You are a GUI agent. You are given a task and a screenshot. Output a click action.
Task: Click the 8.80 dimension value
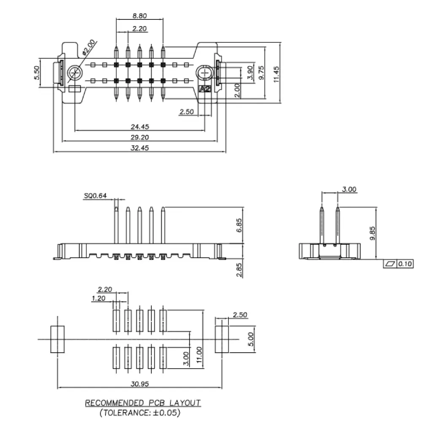tap(140, 16)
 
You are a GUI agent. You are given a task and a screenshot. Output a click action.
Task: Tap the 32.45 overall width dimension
tap(140, 148)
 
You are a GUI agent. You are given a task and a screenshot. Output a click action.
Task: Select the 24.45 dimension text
tap(140, 127)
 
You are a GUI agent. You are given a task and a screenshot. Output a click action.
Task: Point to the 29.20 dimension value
tap(140, 137)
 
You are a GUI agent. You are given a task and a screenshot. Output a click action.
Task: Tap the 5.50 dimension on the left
tap(37, 73)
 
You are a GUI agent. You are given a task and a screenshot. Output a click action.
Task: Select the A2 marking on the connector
tap(205, 89)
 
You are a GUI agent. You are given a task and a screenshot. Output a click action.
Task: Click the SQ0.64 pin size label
tap(95, 195)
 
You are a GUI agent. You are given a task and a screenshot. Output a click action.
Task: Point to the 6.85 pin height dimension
tap(239, 226)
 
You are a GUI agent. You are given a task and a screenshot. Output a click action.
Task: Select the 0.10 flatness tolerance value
tap(405, 264)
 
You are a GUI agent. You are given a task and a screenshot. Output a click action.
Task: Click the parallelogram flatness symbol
tap(389, 264)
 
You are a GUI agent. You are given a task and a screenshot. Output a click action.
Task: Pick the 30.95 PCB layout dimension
tap(140, 384)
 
